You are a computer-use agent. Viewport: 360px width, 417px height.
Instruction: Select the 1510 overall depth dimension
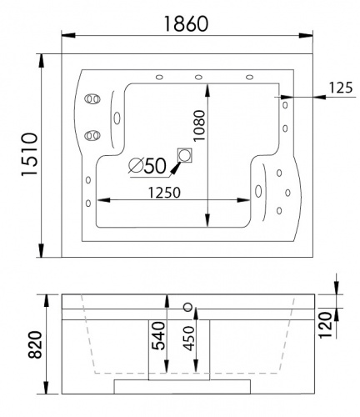(24, 155)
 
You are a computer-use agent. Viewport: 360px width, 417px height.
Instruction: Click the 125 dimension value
(338, 86)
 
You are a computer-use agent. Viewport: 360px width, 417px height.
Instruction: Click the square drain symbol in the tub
(185, 155)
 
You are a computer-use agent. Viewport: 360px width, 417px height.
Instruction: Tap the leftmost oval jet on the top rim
(155, 78)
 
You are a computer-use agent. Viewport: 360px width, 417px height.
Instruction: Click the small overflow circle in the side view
(187, 305)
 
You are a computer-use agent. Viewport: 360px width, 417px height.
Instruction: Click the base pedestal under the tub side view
(181, 384)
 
